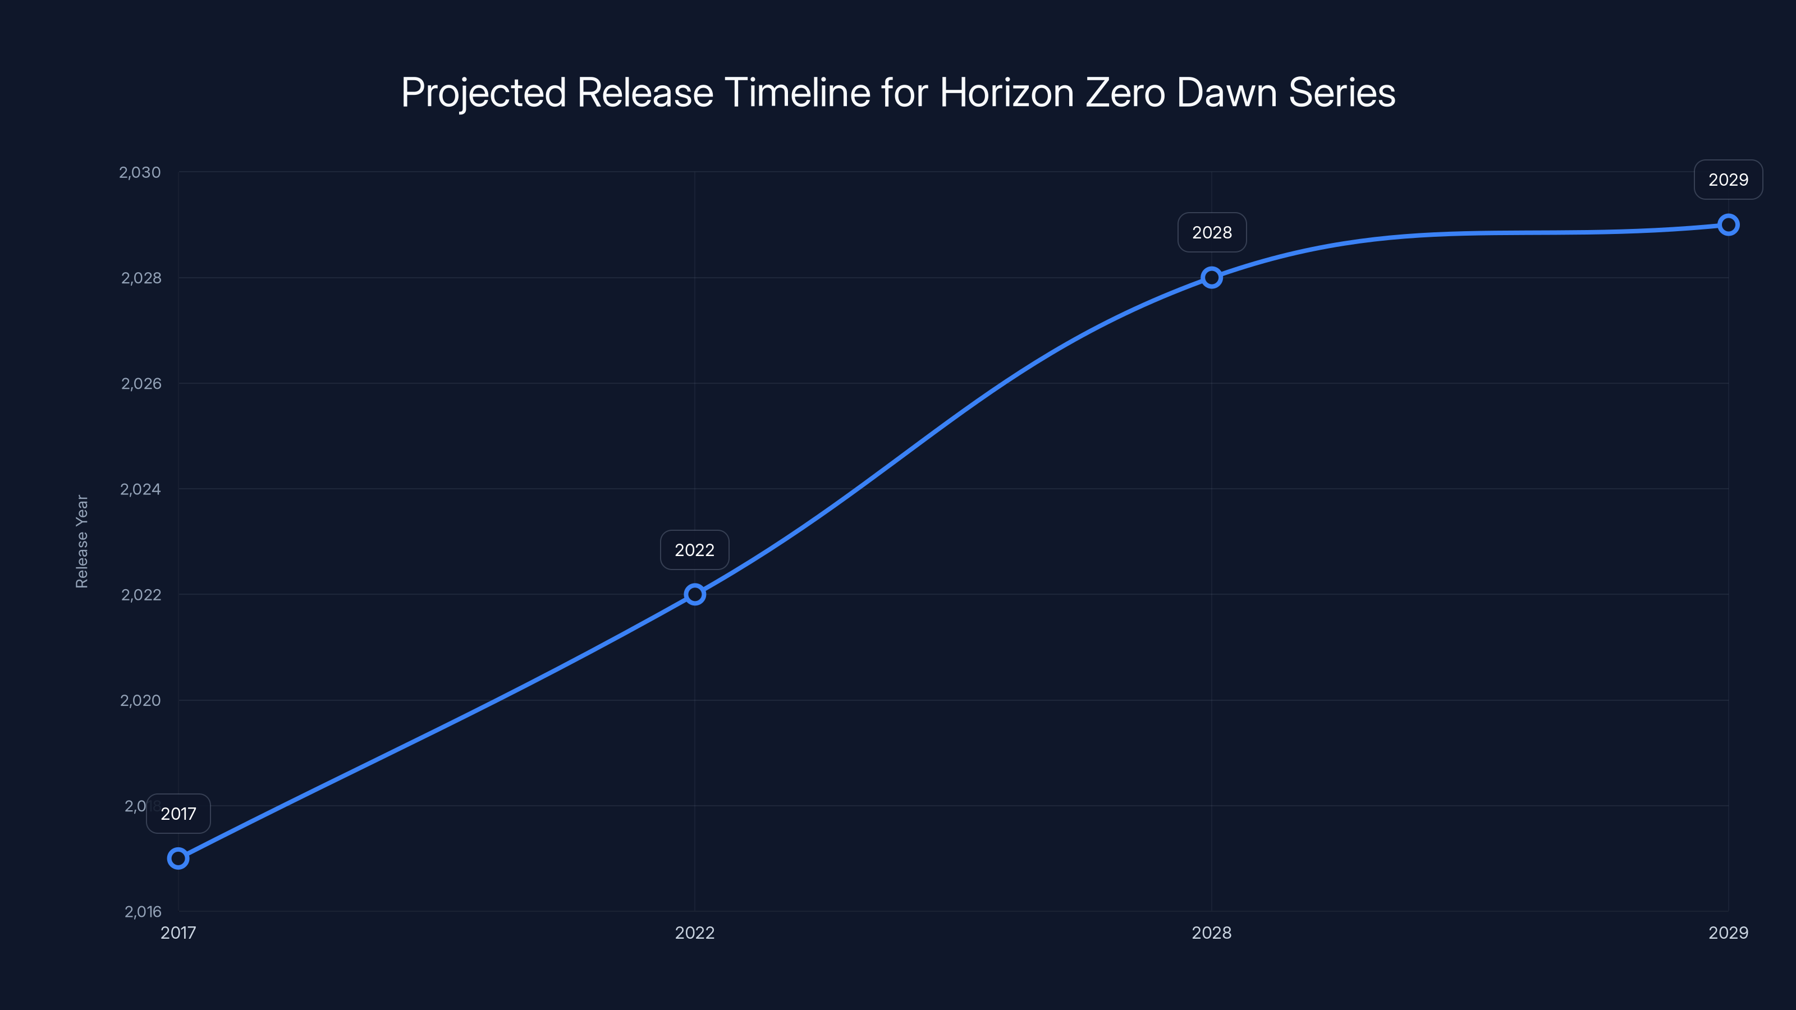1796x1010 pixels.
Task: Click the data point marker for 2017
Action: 178,858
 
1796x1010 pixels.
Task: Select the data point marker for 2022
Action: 694,595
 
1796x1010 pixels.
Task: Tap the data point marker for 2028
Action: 1212,277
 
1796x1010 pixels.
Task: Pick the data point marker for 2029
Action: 1729,224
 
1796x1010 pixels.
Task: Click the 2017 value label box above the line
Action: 178,814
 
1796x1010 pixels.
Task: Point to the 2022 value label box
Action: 694,550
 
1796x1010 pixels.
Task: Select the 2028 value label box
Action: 1212,232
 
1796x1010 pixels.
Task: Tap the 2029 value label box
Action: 1729,180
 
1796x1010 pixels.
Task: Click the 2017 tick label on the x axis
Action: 178,933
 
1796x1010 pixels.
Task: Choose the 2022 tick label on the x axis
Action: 694,933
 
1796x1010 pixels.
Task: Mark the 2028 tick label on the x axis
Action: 1212,933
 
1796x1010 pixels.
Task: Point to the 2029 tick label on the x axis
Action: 1729,933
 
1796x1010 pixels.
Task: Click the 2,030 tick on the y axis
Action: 140,172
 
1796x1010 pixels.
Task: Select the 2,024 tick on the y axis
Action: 140,489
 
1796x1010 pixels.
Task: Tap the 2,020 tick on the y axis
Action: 140,700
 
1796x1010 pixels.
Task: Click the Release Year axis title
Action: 81,541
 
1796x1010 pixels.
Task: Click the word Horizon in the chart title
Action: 1007,93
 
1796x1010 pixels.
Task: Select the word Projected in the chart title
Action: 483,93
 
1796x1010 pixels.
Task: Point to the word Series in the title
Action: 1341,93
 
